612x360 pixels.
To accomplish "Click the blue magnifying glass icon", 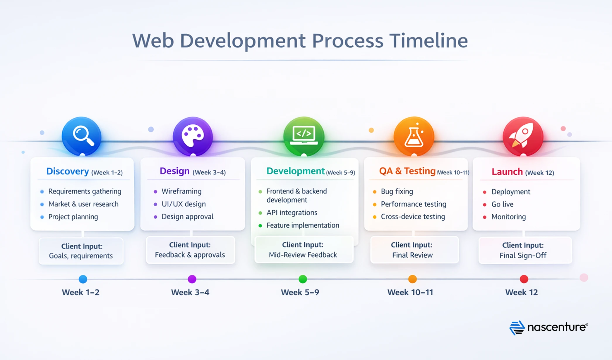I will (x=82, y=136).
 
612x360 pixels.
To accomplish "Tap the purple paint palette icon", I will (x=193, y=136).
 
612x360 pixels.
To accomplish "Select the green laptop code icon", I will (x=304, y=136).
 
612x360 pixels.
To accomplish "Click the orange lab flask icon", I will (x=414, y=136).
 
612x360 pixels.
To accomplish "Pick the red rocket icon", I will (x=523, y=136).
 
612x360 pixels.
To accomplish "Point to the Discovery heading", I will (x=68, y=171).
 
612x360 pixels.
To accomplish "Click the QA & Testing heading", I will (x=407, y=171).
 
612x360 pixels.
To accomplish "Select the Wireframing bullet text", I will (x=181, y=191).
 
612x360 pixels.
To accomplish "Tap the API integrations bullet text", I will (x=292, y=213).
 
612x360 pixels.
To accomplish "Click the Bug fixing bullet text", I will (x=397, y=191).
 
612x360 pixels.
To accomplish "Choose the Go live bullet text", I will (x=502, y=204).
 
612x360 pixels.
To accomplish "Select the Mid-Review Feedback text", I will (x=303, y=255).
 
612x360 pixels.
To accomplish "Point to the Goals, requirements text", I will (x=81, y=256).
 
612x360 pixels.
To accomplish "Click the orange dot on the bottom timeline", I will (x=412, y=279).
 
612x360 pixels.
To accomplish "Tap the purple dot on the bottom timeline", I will (x=192, y=279).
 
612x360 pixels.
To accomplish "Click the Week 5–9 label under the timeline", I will (x=300, y=292).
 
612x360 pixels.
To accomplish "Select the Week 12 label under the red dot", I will (x=522, y=292).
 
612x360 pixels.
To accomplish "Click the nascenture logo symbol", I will (x=517, y=328).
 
